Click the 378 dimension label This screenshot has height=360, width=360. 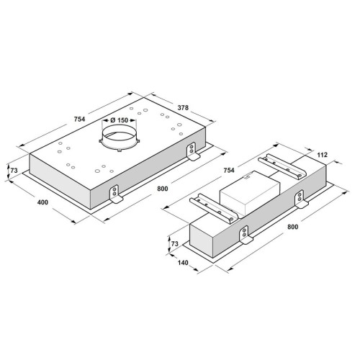point(184,109)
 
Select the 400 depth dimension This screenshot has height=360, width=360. point(42,202)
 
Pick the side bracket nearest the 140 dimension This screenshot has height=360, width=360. point(246,236)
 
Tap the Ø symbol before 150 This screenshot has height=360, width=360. point(105,120)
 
